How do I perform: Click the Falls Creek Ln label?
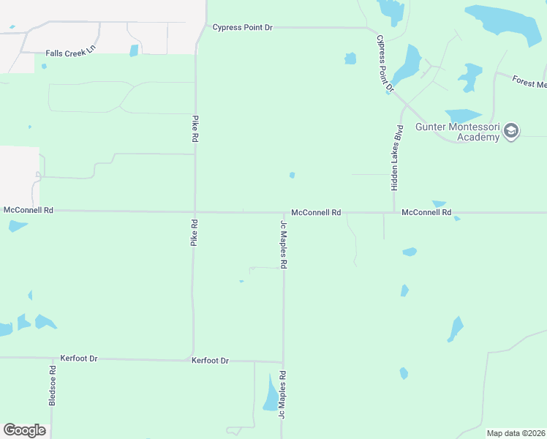click(70, 53)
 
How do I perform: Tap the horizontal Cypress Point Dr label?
click(242, 28)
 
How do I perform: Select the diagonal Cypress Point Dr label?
click(385, 64)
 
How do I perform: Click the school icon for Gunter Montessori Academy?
click(511, 131)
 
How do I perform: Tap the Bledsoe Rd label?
click(53, 386)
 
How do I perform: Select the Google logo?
click(24, 430)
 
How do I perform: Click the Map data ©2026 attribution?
click(516, 433)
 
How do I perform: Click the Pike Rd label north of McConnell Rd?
click(195, 128)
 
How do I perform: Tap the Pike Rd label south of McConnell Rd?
click(195, 231)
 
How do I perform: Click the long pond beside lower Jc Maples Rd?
click(271, 393)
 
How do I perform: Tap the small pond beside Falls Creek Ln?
click(134, 50)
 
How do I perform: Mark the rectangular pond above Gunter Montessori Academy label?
click(462, 116)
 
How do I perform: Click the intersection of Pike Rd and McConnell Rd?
click(195, 212)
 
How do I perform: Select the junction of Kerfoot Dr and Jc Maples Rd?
click(283, 362)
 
